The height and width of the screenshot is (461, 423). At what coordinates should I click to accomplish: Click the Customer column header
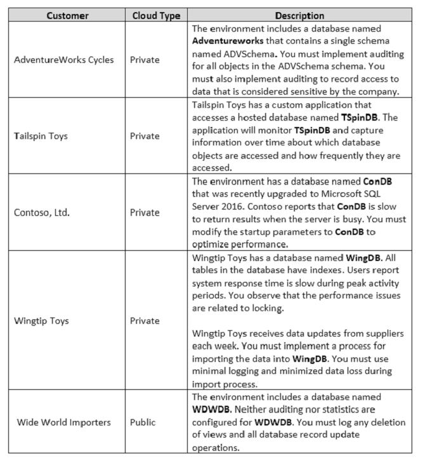65,15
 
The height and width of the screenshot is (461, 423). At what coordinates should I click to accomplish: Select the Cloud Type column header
156,15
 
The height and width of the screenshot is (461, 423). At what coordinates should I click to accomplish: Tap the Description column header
300,15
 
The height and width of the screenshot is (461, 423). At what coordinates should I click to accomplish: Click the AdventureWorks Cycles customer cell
65,60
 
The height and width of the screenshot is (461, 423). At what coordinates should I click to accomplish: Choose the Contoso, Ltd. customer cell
46,212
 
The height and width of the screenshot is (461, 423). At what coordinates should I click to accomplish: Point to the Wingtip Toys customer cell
42,320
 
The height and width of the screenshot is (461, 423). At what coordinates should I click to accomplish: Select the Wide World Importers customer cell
65,422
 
